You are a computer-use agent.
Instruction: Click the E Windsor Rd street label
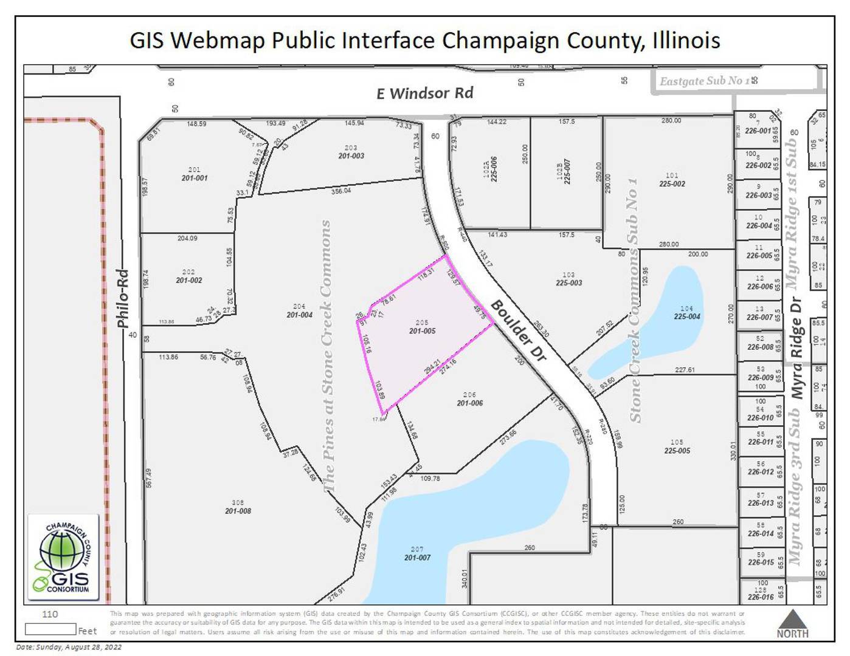point(424,93)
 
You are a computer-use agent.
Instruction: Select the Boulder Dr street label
point(519,330)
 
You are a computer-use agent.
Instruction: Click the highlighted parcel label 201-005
point(422,331)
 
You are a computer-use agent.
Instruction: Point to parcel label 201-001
point(194,178)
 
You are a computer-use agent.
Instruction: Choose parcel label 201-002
point(188,280)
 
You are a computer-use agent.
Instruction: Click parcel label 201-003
point(351,156)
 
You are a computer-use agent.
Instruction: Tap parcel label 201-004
point(299,315)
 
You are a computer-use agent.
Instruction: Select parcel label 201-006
point(469,403)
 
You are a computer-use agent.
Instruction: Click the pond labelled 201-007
point(417,557)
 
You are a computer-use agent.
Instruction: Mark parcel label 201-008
point(238,511)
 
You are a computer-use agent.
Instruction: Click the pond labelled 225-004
point(686,316)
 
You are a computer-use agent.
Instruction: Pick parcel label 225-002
point(671,183)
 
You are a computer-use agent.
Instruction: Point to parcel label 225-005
point(677,451)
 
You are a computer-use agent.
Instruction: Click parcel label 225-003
point(568,282)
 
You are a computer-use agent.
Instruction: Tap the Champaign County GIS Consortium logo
point(64,558)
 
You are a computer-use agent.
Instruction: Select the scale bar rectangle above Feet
point(50,629)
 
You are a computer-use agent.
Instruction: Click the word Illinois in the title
point(686,41)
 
